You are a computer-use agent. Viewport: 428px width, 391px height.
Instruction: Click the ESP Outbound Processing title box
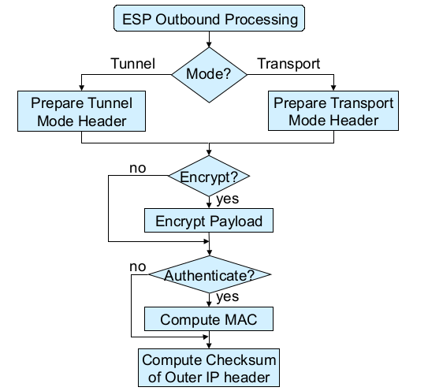[x=209, y=18]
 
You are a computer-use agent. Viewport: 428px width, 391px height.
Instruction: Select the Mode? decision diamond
[x=209, y=75]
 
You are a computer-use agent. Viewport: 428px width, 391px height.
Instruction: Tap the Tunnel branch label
[x=133, y=64]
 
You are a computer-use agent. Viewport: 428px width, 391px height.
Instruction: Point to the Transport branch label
[x=288, y=64]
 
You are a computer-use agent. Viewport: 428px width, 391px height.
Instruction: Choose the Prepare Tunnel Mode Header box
[x=82, y=111]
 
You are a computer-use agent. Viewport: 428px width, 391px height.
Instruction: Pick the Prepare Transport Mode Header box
[x=333, y=110]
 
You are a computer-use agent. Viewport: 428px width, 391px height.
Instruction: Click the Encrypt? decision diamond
[x=209, y=176]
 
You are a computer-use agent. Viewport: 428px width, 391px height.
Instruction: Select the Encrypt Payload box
[x=209, y=221]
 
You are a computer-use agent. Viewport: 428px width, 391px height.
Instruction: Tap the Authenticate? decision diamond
[x=210, y=274]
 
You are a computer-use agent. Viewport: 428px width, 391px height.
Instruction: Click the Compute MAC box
[x=209, y=319]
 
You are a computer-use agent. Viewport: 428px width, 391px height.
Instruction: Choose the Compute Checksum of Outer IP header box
[x=209, y=368]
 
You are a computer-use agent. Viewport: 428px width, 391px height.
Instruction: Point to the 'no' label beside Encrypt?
[x=138, y=169]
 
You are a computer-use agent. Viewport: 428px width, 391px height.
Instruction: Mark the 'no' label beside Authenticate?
[x=138, y=267]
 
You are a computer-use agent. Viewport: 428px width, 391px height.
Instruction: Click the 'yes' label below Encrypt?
[x=227, y=199]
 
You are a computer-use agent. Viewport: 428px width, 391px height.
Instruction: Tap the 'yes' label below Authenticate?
[x=227, y=297]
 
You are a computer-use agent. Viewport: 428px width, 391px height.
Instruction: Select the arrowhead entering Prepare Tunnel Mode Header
[x=81, y=88]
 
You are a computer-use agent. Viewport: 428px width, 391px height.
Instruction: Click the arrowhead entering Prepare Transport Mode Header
[x=333, y=88]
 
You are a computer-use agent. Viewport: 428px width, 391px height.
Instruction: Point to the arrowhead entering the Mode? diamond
[x=209, y=44]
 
